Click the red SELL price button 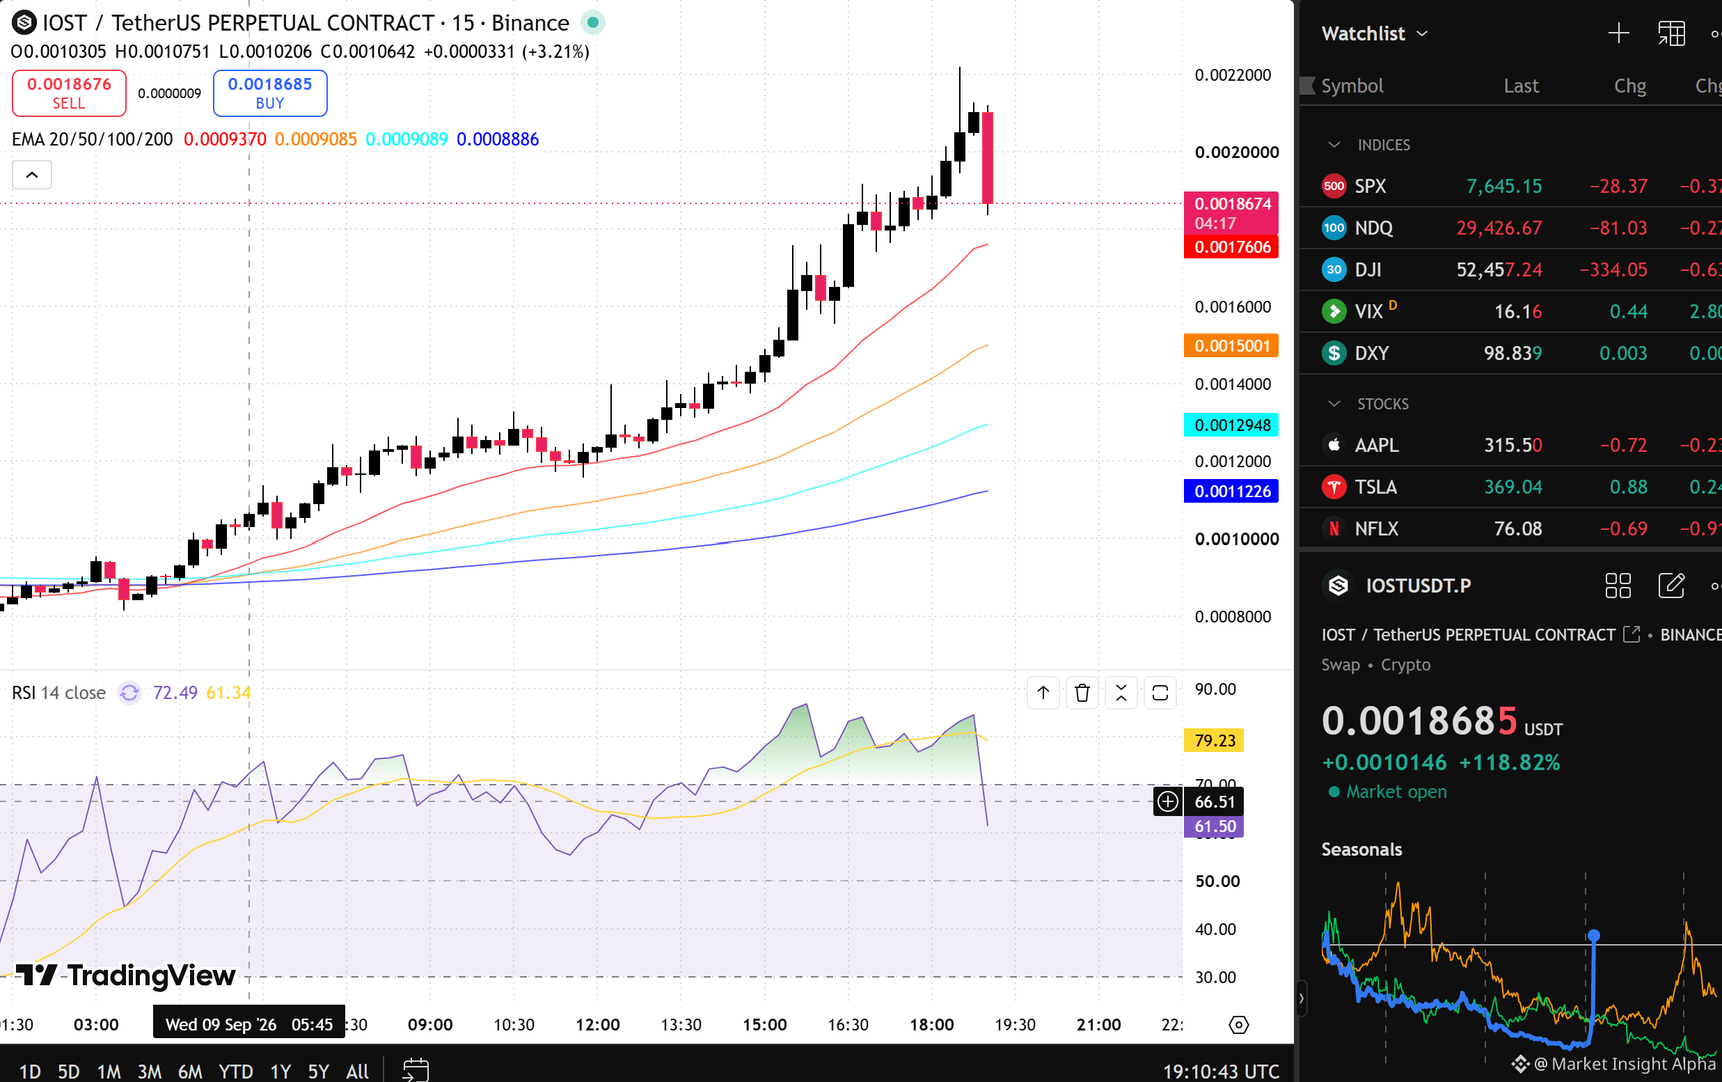(70, 93)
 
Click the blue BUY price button (269, 93)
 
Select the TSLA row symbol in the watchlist (1375, 487)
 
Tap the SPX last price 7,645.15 (1504, 187)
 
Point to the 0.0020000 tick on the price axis (1236, 152)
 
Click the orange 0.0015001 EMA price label (1231, 346)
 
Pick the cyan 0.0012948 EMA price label (1231, 425)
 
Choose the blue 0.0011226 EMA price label (1231, 492)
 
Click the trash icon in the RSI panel (1082, 693)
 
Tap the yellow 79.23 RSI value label (1215, 740)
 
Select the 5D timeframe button (69, 1072)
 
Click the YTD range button (236, 1072)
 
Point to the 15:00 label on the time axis (764, 1025)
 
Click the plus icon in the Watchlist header (1618, 33)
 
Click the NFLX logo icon (1334, 528)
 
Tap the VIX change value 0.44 (1628, 312)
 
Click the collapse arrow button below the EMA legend (32, 175)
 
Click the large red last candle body (988, 158)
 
